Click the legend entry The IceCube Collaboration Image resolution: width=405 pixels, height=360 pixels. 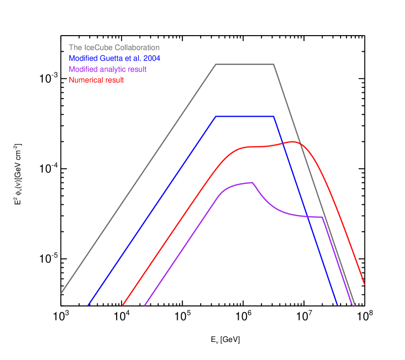pyautogui.click(x=114, y=48)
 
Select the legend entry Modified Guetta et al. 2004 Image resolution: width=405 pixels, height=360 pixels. pyautogui.click(x=115, y=59)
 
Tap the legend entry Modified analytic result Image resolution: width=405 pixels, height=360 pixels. pyautogui.click(x=107, y=69)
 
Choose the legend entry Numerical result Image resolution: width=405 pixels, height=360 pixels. pyautogui.click(x=96, y=80)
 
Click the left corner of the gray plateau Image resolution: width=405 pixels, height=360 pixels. pyautogui.click(x=216, y=64)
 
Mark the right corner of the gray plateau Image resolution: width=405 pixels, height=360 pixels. pyautogui.click(x=274, y=64)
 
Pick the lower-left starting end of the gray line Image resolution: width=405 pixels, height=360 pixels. pyautogui.click(x=61, y=294)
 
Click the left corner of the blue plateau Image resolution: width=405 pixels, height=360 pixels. pyautogui.click(x=216, y=117)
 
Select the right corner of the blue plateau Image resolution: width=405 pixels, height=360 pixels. pyautogui.click(x=274, y=117)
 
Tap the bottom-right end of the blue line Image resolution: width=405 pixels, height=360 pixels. pyautogui.click(x=338, y=305)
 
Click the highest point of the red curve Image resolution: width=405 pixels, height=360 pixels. pyautogui.click(x=293, y=142)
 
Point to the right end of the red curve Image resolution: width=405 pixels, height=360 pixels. pyautogui.click(x=364, y=284)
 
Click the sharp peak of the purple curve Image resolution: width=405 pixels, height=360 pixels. pyautogui.click(x=253, y=182)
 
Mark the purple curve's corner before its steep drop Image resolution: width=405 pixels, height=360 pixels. pyautogui.click(x=323, y=217)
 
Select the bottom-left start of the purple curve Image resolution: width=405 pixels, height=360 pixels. pyautogui.click(x=144, y=305)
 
